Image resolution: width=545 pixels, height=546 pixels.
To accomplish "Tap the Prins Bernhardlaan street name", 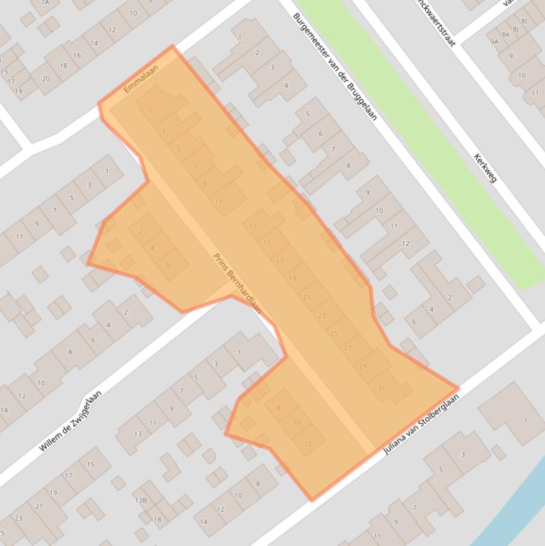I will (237, 284).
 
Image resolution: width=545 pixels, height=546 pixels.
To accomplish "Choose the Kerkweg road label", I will (485, 167).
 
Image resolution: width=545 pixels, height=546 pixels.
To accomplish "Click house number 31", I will (381, 388).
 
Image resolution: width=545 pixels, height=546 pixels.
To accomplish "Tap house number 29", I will (363, 366).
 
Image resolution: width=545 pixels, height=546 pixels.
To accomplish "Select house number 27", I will (348, 348).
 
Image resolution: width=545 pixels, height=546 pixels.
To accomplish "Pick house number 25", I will (334, 333).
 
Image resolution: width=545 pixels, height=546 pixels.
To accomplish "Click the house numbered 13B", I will (140, 501).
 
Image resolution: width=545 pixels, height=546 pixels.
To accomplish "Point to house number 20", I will (45, 78).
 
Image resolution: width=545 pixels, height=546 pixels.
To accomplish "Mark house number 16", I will (77, 55).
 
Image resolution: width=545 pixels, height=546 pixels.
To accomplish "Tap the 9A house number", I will (494, 42).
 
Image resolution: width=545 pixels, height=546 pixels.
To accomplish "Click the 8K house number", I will (506, 34).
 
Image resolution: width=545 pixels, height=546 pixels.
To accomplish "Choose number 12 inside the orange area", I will (308, 444).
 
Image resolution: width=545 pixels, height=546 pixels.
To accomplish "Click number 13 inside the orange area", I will (254, 226).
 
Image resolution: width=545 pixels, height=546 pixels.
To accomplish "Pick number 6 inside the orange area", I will (168, 265).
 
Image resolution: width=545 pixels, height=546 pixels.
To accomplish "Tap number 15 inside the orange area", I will (266, 243).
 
